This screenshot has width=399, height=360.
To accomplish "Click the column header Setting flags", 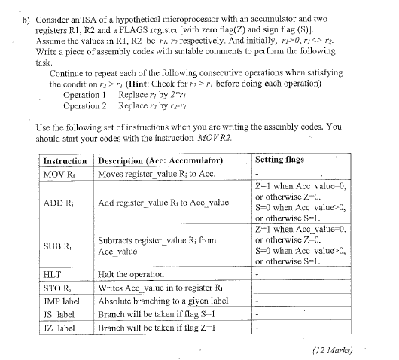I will [x=280, y=160].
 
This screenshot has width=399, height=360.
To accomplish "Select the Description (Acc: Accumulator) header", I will [x=161, y=161].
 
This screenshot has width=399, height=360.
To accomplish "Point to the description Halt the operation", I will [x=131, y=275].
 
